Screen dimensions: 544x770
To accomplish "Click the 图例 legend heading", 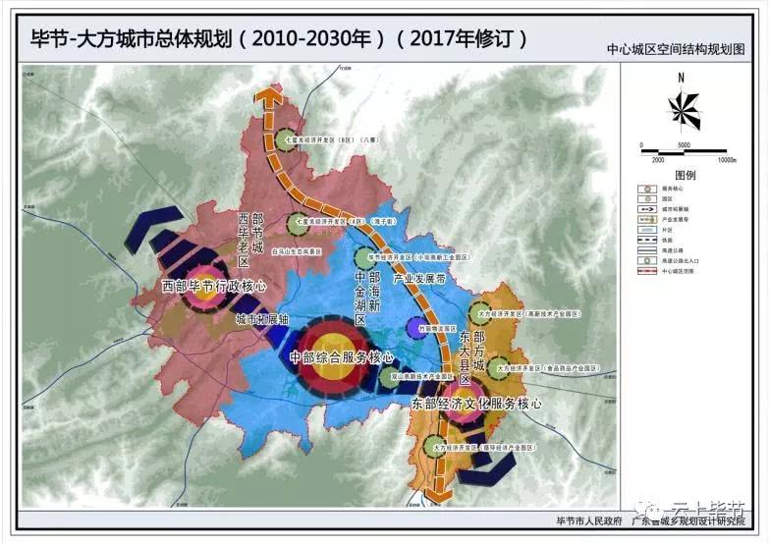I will point(685,175).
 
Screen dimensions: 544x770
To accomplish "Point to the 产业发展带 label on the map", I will point(419,279).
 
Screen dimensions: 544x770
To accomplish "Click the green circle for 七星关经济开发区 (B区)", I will point(285,140).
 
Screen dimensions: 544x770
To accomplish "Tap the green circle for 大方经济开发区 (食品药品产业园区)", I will point(498,366).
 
